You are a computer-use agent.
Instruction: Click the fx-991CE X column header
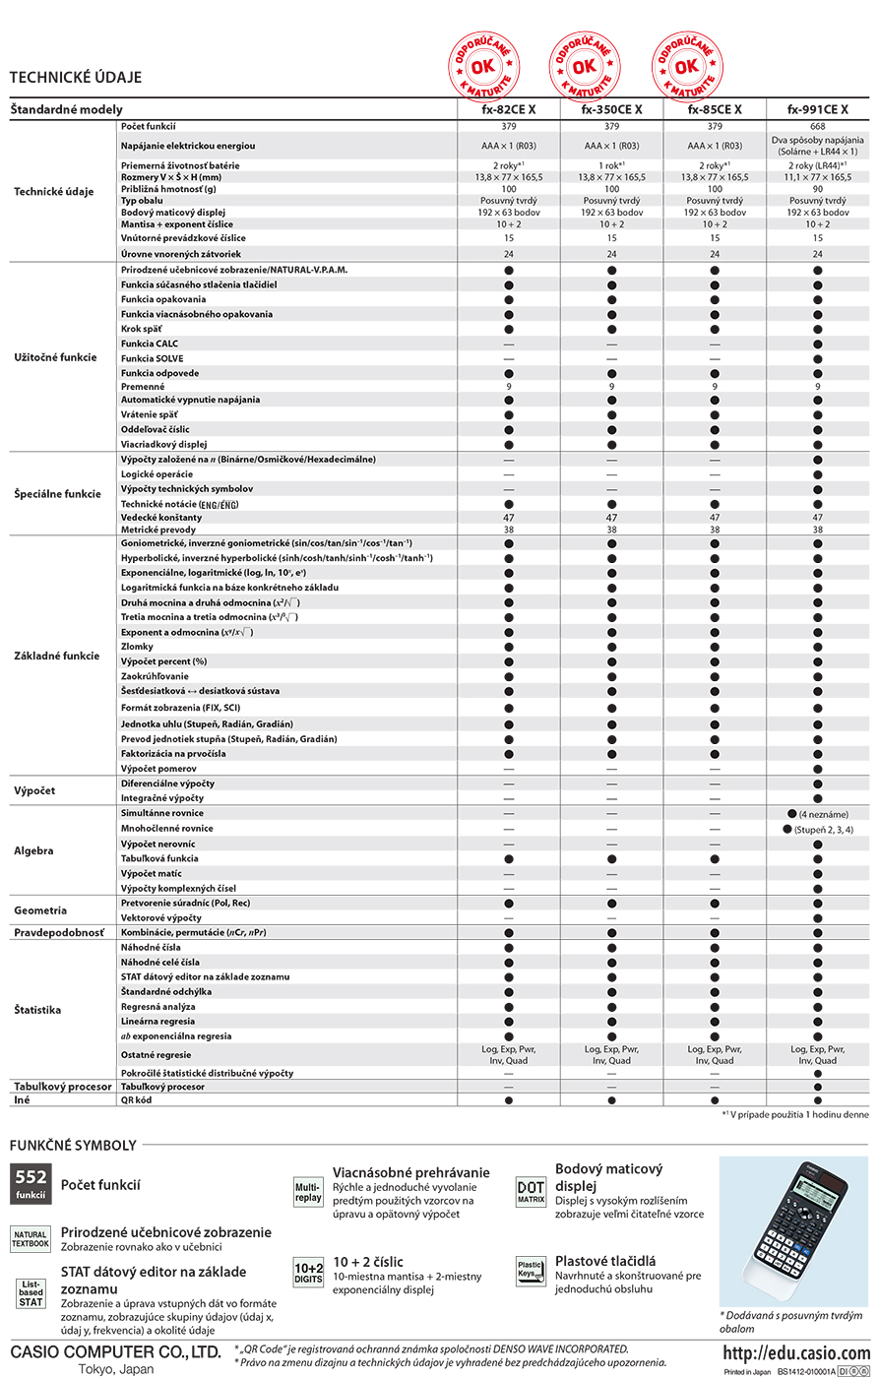pyautogui.click(x=817, y=110)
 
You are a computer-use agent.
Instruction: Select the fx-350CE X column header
pyautogui.click(x=611, y=110)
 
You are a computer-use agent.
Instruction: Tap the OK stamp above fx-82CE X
pyautogui.click(x=481, y=66)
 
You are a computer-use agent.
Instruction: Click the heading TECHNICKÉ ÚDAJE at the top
pyautogui.click(x=76, y=77)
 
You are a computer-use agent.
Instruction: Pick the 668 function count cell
pyautogui.click(x=817, y=127)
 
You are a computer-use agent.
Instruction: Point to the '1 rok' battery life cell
pyautogui.click(x=611, y=165)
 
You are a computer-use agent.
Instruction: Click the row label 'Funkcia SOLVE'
pyautogui.click(x=153, y=358)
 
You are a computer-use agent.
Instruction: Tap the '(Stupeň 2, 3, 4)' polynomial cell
pyautogui.click(x=817, y=829)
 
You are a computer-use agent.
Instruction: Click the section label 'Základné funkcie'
pyautogui.click(x=56, y=655)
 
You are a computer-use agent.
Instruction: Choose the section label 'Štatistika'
pyautogui.click(x=38, y=1010)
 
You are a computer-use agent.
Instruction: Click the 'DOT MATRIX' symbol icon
pyautogui.click(x=531, y=1193)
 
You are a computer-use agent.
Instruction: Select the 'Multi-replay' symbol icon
pyautogui.click(x=308, y=1193)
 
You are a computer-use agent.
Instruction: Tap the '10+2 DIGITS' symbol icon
pyautogui.click(x=308, y=1273)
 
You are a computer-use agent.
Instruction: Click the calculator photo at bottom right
pyautogui.click(x=793, y=1230)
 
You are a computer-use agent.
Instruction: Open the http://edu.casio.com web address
pyautogui.click(x=797, y=1352)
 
